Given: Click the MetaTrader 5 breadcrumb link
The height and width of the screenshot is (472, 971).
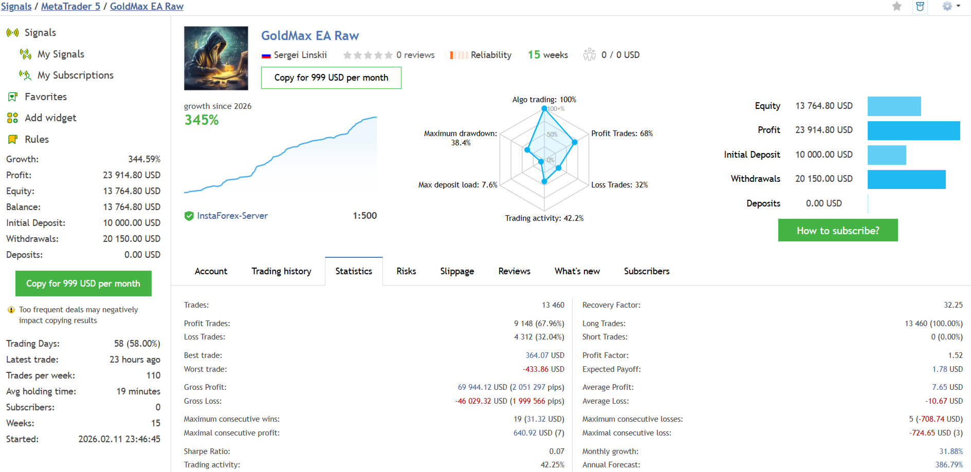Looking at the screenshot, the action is click(x=70, y=7).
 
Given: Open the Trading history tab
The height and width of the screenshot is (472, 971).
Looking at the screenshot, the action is click(x=281, y=271).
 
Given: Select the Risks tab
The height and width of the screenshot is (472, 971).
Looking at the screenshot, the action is click(x=406, y=271).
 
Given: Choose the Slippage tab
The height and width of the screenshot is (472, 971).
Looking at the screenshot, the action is click(x=457, y=271).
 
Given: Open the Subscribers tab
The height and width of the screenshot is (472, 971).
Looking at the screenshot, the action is click(x=647, y=271).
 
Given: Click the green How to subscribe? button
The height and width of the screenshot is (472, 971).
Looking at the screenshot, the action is click(x=838, y=230).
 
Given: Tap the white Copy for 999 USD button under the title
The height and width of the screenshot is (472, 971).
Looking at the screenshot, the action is click(x=331, y=78).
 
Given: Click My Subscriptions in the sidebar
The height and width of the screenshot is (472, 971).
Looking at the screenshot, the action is click(x=76, y=75).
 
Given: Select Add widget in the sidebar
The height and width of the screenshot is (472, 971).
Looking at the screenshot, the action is click(x=50, y=118).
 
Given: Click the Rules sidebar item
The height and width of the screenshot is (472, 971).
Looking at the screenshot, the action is click(x=36, y=139).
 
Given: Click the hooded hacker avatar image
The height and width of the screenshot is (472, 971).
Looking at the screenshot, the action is click(x=216, y=58).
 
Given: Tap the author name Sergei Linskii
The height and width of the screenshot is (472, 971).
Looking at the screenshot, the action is click(x=300, y=55).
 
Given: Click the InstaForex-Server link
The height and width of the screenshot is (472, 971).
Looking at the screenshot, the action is click(x=232, y=216).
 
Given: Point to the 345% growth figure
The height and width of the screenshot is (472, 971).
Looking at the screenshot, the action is click(x=201, y=120).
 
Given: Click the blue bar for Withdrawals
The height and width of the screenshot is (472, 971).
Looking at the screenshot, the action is click(x=907, y=179).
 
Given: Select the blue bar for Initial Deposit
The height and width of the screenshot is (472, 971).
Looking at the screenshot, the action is click(x=887, y=155).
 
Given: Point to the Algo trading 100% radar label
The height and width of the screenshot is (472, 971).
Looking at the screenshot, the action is click(x=544, y=100).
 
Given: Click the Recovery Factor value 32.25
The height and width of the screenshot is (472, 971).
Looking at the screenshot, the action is click(x=953, y=305).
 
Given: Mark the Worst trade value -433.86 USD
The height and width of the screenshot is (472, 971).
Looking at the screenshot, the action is click(x=543, y=369).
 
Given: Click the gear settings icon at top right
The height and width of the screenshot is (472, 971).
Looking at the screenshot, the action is click(x=947, y=6).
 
